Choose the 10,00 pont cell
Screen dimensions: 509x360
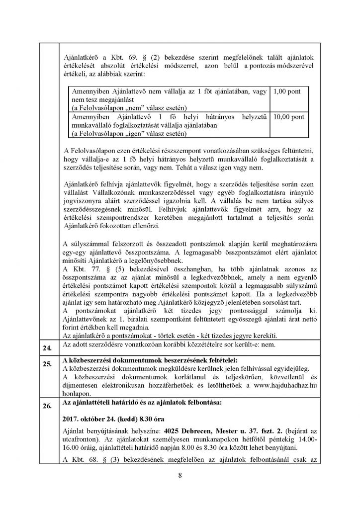(x=287, y=116)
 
